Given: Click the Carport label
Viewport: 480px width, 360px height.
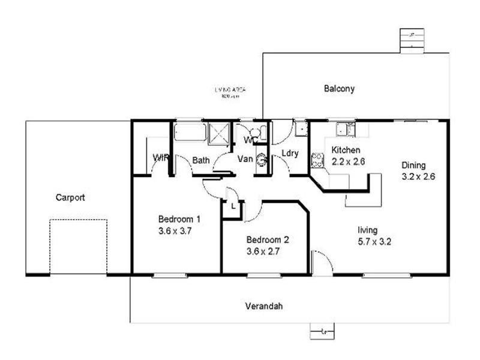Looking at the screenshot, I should click(70, 197).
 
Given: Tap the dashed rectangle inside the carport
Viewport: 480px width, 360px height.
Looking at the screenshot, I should click(78, 247).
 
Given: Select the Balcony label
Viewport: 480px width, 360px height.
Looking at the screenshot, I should click(339, 89).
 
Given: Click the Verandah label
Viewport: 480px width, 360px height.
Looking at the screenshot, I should click(264, 306).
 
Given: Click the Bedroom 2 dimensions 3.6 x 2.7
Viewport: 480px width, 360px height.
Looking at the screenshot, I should click(268, 251).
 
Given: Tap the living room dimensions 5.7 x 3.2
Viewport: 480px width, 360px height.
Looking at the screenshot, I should click(375, 242).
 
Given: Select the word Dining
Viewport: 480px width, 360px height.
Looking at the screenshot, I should click(413, 166).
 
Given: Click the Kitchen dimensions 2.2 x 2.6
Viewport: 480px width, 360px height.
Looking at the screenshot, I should click(348, 161).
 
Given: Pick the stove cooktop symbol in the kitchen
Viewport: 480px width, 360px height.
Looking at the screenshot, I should click(316, 160).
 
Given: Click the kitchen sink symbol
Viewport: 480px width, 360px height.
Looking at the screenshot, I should click(344, 128).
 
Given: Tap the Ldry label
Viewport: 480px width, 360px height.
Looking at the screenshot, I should click(290, 154).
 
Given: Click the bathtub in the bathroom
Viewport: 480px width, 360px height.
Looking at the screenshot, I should click(190, 131).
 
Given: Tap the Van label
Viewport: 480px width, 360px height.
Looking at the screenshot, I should click(245, 159).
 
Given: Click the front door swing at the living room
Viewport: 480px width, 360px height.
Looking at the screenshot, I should click(322, 263).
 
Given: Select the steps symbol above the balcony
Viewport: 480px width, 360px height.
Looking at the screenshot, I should click(411, 40).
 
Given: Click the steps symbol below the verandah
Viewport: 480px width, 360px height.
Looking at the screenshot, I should click(323, 330).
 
